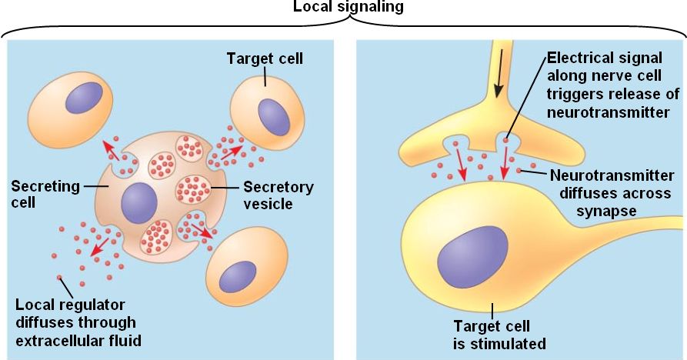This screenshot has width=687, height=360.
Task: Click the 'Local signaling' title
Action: [x=348, y=7]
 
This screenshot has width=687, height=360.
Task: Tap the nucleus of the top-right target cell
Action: [x=273, y=115]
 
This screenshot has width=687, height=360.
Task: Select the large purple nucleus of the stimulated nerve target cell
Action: [x=472, y=258]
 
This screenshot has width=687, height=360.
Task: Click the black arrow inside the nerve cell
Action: [x=499, y=74]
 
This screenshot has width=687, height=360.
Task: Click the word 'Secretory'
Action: [x=278, y=187]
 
